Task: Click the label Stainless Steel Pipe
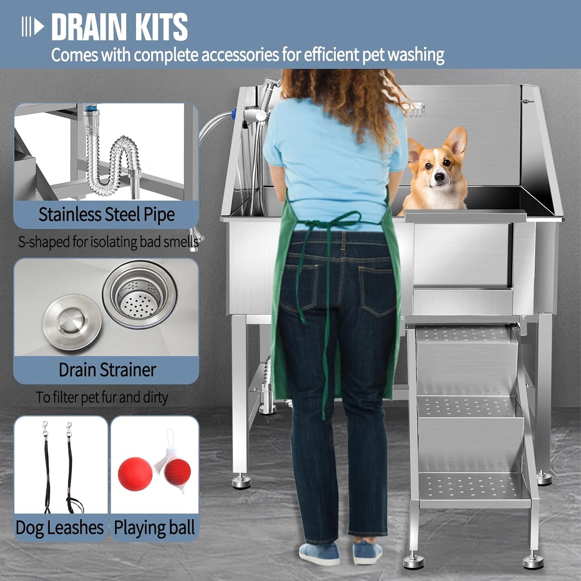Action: point(107,215)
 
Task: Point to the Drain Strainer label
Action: point(107,370)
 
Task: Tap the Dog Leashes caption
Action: point(60,528)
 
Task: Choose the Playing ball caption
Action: point(154,528)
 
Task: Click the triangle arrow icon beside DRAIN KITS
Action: point(39,27)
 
